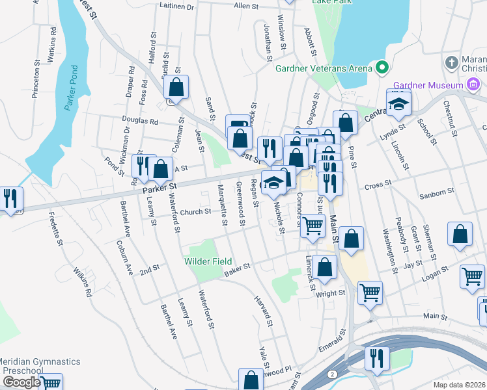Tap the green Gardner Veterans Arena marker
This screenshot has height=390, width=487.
[382, 68]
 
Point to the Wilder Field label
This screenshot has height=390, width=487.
[209, 261]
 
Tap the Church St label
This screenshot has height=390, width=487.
[195, 211]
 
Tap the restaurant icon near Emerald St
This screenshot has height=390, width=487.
[377, 357]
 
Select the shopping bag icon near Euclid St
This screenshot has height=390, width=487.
[176, 86]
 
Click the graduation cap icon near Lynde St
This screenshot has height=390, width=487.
[398, 102]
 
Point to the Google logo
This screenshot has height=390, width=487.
[21, 382]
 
